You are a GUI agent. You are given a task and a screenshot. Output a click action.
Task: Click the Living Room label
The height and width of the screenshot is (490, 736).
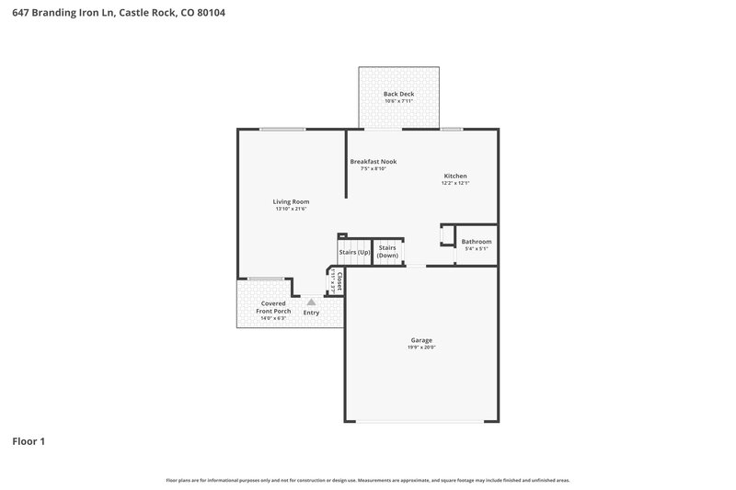[x=290, y=201]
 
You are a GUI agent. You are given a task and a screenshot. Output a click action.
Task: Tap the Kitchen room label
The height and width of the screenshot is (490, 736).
[x=455, y=176]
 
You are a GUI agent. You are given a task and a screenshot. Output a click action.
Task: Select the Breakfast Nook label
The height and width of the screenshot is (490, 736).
[x=373, y=161]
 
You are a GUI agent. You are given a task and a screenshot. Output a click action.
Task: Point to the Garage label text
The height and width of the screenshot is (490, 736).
[x=421, y=340]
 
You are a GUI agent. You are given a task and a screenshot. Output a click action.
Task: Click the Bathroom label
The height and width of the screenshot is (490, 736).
[x=476, y=242]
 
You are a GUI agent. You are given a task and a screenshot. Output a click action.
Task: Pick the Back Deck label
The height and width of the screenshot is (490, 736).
[x=397, y=94]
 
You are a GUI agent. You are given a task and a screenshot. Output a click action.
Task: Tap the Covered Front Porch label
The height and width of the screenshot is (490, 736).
[x=273, y=307]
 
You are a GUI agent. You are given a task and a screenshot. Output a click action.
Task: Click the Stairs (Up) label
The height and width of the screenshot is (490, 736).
[x=354, y=252]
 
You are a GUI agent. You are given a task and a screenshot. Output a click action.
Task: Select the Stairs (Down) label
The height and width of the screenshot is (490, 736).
[x=387, y=251]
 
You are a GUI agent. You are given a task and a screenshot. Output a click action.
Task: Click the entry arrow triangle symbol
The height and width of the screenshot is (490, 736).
[x=311, y=301]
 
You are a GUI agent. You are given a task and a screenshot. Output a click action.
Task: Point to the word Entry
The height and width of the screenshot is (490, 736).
[x=312, y=313]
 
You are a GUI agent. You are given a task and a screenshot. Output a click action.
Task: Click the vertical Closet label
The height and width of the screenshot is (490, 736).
[x=339, y=281]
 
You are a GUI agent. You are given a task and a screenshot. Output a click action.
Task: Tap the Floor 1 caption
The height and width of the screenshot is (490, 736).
[x=29, y=441]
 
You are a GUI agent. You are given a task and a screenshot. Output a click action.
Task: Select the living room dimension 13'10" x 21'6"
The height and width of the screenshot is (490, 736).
[x=290, y=210]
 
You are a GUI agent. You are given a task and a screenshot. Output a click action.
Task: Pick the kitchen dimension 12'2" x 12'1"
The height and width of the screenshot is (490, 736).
[x=455, y=183]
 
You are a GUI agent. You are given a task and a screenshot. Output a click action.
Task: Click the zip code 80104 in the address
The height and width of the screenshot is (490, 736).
[x=208, y=13]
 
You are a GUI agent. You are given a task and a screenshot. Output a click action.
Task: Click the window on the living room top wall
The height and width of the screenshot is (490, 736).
[x=282, y=129]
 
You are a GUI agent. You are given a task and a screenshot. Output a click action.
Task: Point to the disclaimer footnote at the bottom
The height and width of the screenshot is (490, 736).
[x=367, y=480]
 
